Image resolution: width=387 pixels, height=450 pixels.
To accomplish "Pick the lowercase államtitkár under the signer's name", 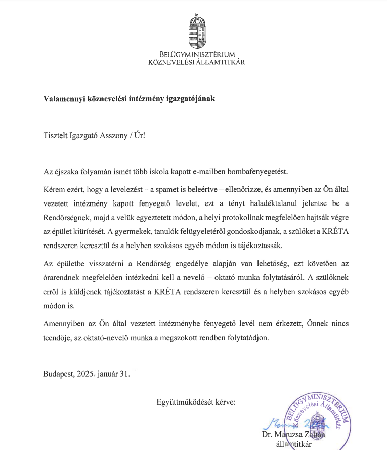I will pos(293,445).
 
